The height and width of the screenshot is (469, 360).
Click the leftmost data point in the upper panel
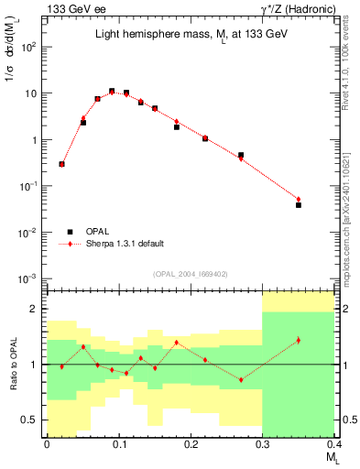click(61, 164)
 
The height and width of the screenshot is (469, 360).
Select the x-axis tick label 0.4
click(334, 443)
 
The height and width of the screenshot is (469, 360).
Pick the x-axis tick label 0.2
click(191, 443)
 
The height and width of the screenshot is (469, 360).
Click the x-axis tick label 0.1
click(118, 443)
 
